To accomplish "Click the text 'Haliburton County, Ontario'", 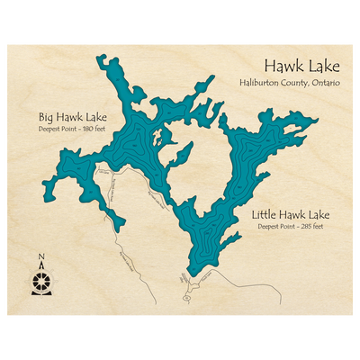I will tap(290, 83).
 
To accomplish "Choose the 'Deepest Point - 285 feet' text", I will tap(291, 227).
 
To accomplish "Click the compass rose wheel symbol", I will tap(40, 282).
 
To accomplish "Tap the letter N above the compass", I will tap(40, 259).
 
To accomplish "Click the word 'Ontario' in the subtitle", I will tap(326, 83).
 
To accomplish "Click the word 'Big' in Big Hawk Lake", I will tap(46, 117).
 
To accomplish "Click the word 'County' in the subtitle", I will tap(296, 83).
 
